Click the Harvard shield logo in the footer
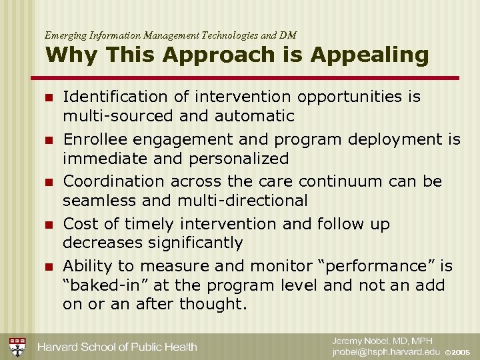17,347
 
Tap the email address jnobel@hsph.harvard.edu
387,352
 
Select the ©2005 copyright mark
458,353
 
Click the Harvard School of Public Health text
117,347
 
